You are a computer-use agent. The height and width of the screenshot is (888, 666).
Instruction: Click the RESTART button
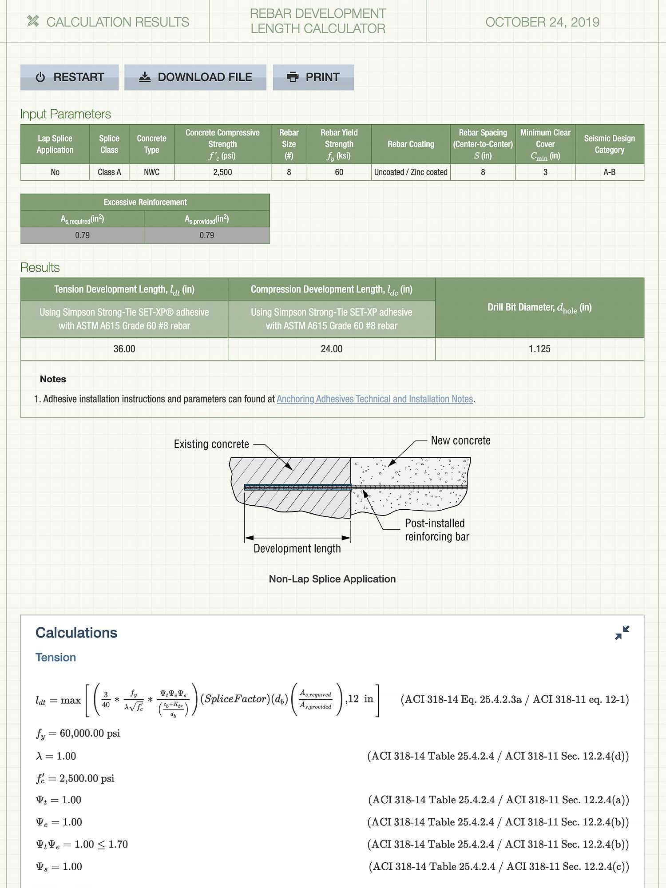tap(70, 77)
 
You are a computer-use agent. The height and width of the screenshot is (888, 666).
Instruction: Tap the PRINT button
tap(313, 77)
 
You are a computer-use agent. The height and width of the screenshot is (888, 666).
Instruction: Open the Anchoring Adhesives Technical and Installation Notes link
tap(375, 399)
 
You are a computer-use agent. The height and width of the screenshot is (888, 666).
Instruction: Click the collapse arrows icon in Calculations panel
tap(622, 633)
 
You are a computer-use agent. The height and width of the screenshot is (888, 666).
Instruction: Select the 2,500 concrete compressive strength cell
tap(222, 172)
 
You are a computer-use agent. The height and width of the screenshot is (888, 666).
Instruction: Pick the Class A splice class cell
tap(109, 172)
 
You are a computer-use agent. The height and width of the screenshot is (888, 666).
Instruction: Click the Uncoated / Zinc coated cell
tap(411, 172)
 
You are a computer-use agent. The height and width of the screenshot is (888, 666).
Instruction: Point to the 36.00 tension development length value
tap(124, 349)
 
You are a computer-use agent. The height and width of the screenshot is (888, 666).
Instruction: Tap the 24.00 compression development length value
tap(332, 349)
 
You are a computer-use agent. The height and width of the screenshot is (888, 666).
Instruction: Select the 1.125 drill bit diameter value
tap(539, 349)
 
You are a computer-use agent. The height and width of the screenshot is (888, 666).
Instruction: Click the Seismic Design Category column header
tap(609, 144)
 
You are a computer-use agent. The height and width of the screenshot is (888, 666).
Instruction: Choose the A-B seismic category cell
tap(609, 172)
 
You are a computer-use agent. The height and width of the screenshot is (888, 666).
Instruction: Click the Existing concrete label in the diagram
tap(211, 444)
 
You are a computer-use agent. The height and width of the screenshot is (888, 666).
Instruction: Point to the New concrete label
tap(460, 441)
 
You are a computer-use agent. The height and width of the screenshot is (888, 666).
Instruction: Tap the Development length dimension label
tap(297, 549)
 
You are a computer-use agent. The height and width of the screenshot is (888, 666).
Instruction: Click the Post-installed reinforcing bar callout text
tap(436, 530)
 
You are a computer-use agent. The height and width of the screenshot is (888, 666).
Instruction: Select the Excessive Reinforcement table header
tap(145, 202)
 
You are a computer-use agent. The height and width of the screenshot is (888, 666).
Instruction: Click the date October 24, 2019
tap(542, 22)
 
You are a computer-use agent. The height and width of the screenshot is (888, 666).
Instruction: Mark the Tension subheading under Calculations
tap(55, 658)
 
